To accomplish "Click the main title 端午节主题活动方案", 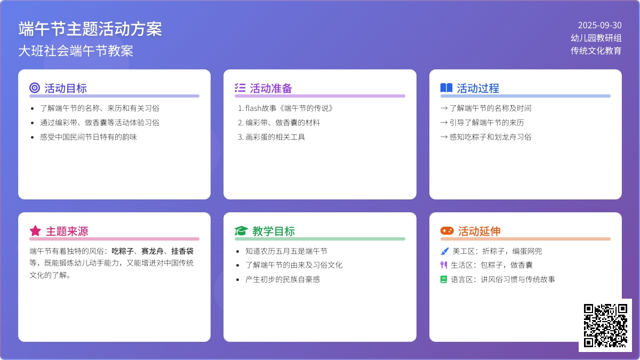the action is (x=90, y=29).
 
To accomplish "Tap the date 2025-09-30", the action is (x=599, y=26).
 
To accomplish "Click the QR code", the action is (x=605, y=325).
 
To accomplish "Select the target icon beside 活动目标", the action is (x=35, y=87).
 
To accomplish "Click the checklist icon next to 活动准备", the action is (x=240, y=87).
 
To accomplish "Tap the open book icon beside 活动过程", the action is (x=446, y=87).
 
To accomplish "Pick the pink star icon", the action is (x=35, y=231).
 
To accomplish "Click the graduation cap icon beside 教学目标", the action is (x=241, y=231).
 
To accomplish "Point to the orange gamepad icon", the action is (x=447, y=230).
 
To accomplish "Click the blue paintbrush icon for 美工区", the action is (x=445, y=251).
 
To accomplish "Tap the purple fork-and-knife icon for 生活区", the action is (x=444, y=265).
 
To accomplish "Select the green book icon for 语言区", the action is (x=444, y=279).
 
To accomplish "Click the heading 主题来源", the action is (x=67, y=231).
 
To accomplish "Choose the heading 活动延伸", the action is (x=479, y=231).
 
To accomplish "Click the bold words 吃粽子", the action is (x=123, y=251).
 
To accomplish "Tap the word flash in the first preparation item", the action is (x=253, y=108).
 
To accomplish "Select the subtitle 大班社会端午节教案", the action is (x=76, y=51).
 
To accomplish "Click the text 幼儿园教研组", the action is (x=596, y=38).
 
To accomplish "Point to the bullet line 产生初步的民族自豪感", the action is (x=283, y=279).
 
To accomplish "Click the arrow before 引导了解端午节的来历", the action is (x=444, y=123).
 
